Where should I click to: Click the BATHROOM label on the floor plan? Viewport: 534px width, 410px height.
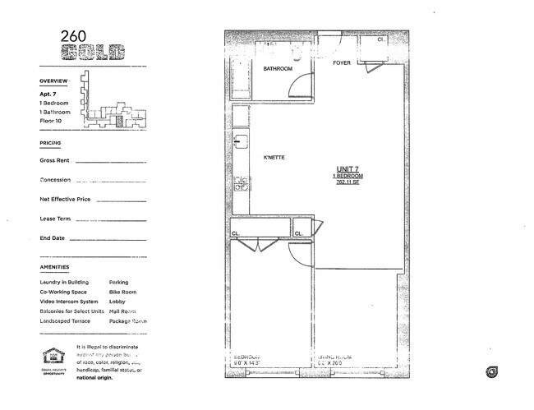[277, 69]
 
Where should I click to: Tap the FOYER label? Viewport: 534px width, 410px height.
[342, 63]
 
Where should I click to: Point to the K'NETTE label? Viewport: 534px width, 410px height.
[274, 158]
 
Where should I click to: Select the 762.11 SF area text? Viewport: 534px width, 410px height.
[348, 182]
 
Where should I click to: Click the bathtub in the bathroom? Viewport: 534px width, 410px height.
[240, 78]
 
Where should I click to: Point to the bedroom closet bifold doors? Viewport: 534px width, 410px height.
[257, 244]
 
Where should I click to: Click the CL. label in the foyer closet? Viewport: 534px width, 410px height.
[381, 39]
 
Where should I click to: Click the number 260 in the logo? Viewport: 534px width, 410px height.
[71, 36]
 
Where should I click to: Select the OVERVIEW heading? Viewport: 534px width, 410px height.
[53, 82]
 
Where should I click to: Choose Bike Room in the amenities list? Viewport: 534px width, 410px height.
[122, 292]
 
